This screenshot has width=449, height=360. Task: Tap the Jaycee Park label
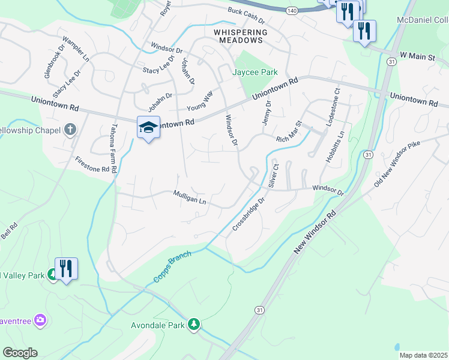(255, 72)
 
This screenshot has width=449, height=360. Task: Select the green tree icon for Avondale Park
(193, 325)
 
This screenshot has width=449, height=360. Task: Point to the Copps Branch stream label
(171, 264)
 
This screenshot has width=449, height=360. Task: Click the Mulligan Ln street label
(190, 198)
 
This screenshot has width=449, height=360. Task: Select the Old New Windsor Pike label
(400, 164)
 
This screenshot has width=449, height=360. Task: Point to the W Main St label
(417, 56)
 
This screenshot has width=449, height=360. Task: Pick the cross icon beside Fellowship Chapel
(70, 130)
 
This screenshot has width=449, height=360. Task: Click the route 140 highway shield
(291, 11)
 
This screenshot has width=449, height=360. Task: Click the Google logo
(20, 353)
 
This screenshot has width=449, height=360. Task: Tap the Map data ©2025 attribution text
(423, 355)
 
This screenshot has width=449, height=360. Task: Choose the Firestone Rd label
(92, 165)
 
